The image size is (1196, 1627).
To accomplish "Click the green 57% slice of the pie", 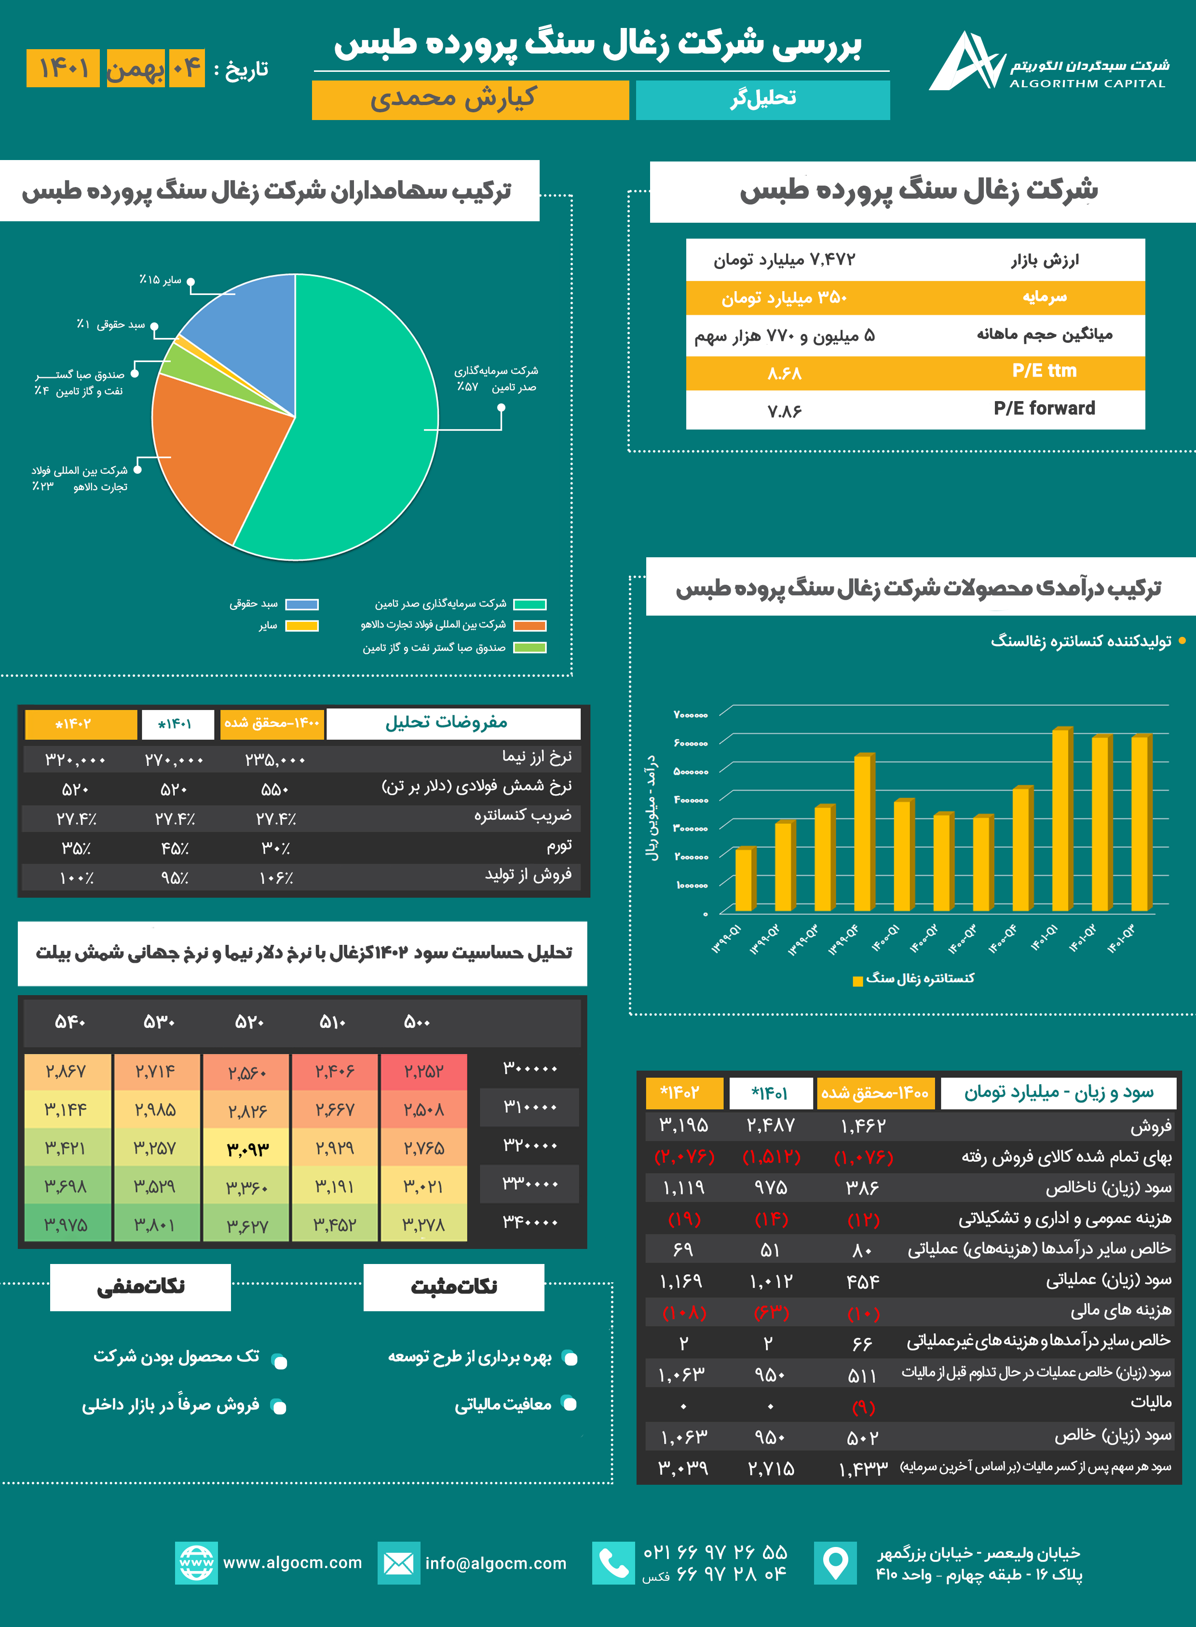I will click(x=348, y=434).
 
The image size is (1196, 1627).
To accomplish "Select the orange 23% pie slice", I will click(x=210, y=456).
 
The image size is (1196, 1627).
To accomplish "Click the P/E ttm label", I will click(x=1044, y=371).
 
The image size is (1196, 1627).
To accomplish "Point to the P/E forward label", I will click(x=1044, y=408).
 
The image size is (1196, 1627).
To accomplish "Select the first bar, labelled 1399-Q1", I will click(x=744, y=879).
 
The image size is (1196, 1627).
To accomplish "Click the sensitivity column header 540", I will click(x=70, y=1022).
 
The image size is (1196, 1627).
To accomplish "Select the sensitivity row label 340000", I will click(x=530, y=1223).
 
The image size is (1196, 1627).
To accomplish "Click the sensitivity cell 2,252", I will click(x=423, y=1071).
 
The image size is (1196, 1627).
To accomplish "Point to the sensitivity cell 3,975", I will click(x=67, y=1224).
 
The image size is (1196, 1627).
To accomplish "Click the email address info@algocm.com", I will click(x=496, y=1563).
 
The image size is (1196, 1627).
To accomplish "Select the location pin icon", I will click(x=835, y=1563).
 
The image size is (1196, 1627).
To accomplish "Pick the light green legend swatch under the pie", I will click(x=530, y=648).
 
